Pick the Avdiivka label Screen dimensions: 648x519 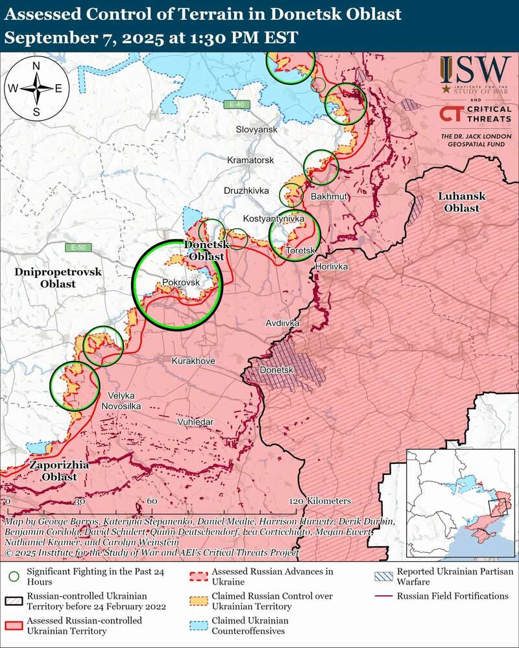coord(282,322)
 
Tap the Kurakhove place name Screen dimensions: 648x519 coord(193,361)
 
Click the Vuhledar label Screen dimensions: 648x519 coord(195,422)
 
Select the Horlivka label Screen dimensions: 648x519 coord(332,267)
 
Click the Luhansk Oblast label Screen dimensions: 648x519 coord(458,202)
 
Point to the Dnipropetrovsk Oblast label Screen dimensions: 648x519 coord(58,278)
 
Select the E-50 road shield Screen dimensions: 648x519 coord(78,248)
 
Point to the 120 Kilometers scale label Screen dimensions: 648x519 coord(320,502)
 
